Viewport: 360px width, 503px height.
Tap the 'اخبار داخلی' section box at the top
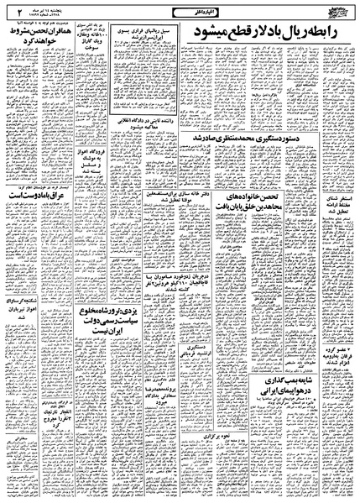(179, 10)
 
